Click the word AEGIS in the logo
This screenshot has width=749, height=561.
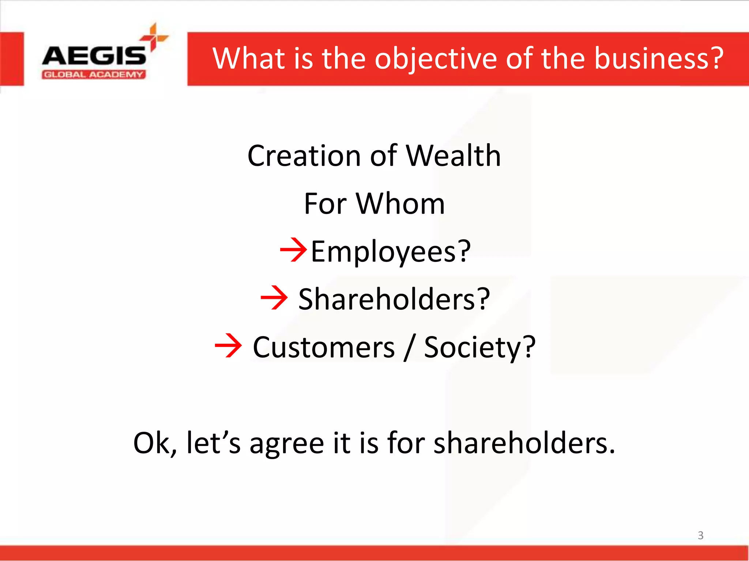[94, 56]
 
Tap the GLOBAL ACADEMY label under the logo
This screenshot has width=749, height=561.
[94, 75]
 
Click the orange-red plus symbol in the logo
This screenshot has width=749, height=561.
[154, 37]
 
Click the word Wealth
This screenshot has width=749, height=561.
[453, 156]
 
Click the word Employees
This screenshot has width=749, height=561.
[391, 251]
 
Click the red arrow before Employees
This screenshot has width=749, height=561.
[293, 250]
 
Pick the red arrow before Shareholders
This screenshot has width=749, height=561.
[274, 298]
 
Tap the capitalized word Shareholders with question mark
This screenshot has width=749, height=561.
[394, 299]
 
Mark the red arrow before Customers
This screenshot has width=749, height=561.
[228, 345]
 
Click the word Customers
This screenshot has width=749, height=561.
[324, 347]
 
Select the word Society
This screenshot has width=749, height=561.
[479, 347]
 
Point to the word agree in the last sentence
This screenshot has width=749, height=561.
[287, 443]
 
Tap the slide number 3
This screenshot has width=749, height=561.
[700, 535]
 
